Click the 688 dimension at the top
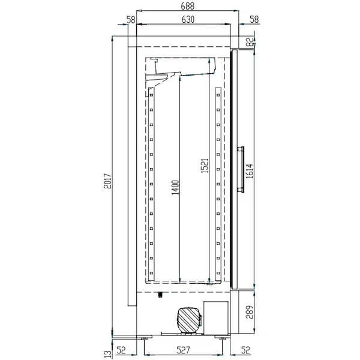point(185,6)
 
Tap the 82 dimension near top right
point(250,41)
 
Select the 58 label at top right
point(253,19)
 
